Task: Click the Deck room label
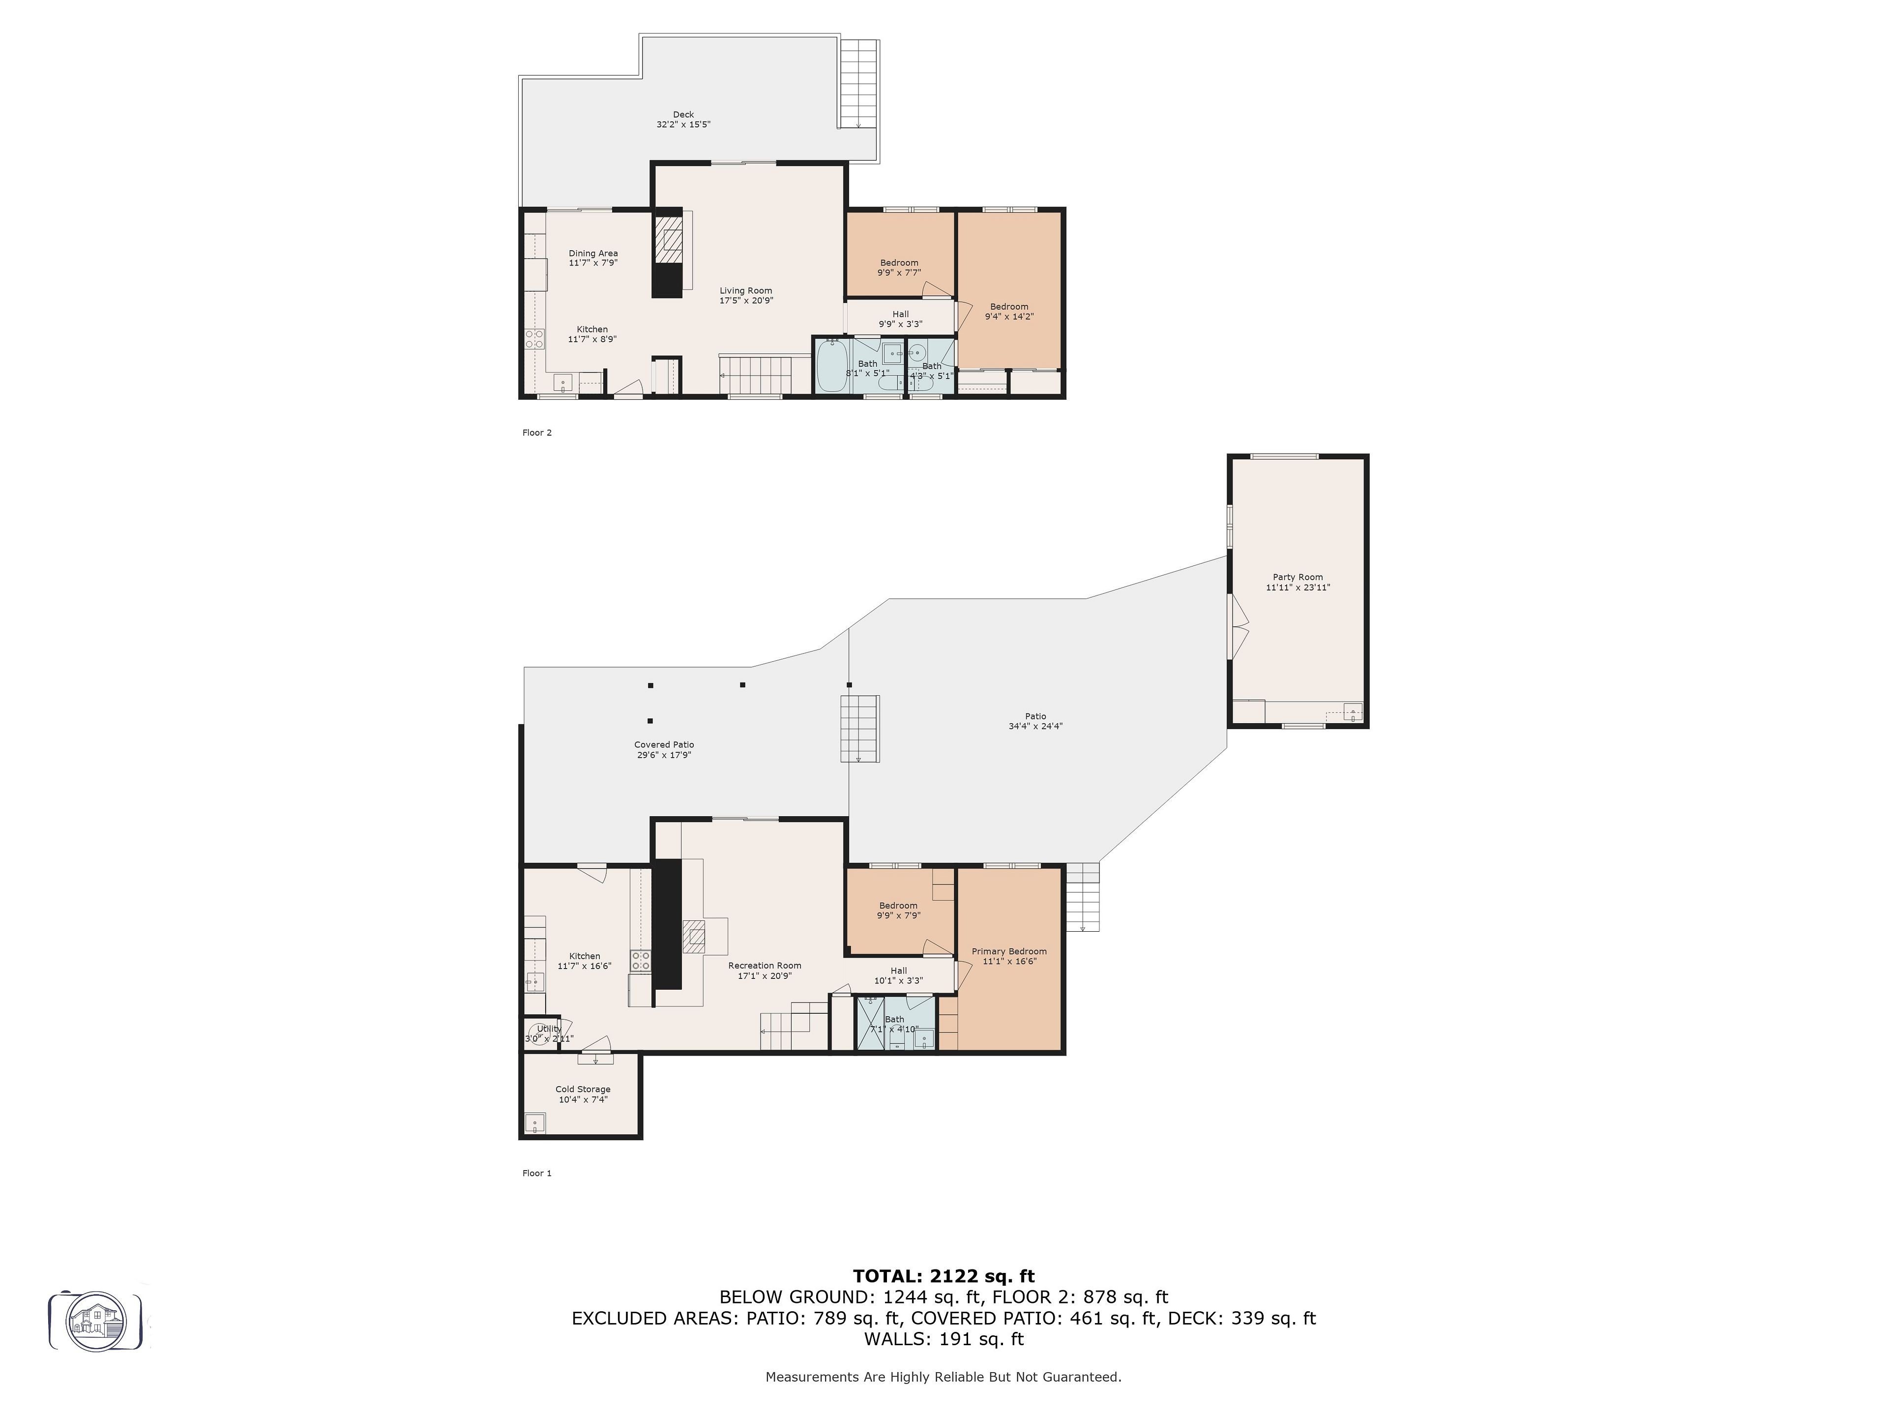click(683, 115)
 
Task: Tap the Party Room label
click(1298, 577)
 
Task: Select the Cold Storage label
click(583, 1089)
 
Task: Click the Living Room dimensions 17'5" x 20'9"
click(746, 300)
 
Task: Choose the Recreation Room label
click(765, 965)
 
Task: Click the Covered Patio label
click(664, 744)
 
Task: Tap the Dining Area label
click(593, 254)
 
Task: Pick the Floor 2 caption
click(537, 433)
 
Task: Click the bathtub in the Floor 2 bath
click(832, 366)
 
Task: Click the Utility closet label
click(549, 1029)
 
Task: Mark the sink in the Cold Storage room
click(535, 1122)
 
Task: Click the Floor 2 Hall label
click(900, 314)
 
